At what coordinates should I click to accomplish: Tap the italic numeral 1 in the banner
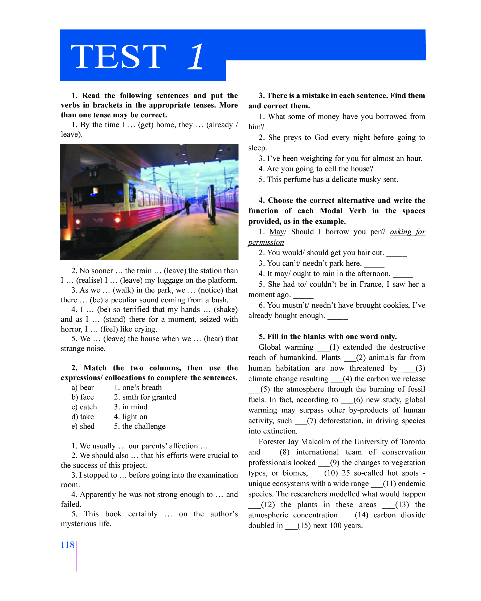click(196, 57)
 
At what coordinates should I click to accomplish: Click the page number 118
click(67, 545)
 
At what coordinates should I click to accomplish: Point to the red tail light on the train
click(117, 220)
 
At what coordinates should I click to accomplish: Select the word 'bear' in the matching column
click(87, 388)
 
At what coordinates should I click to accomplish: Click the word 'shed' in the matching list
click(87, 426)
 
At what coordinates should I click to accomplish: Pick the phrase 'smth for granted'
click(149, 397)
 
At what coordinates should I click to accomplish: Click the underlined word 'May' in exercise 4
click(276, 232)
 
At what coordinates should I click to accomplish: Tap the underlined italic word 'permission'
click(266, 243)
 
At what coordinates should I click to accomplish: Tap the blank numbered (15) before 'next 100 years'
click(291, 526)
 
